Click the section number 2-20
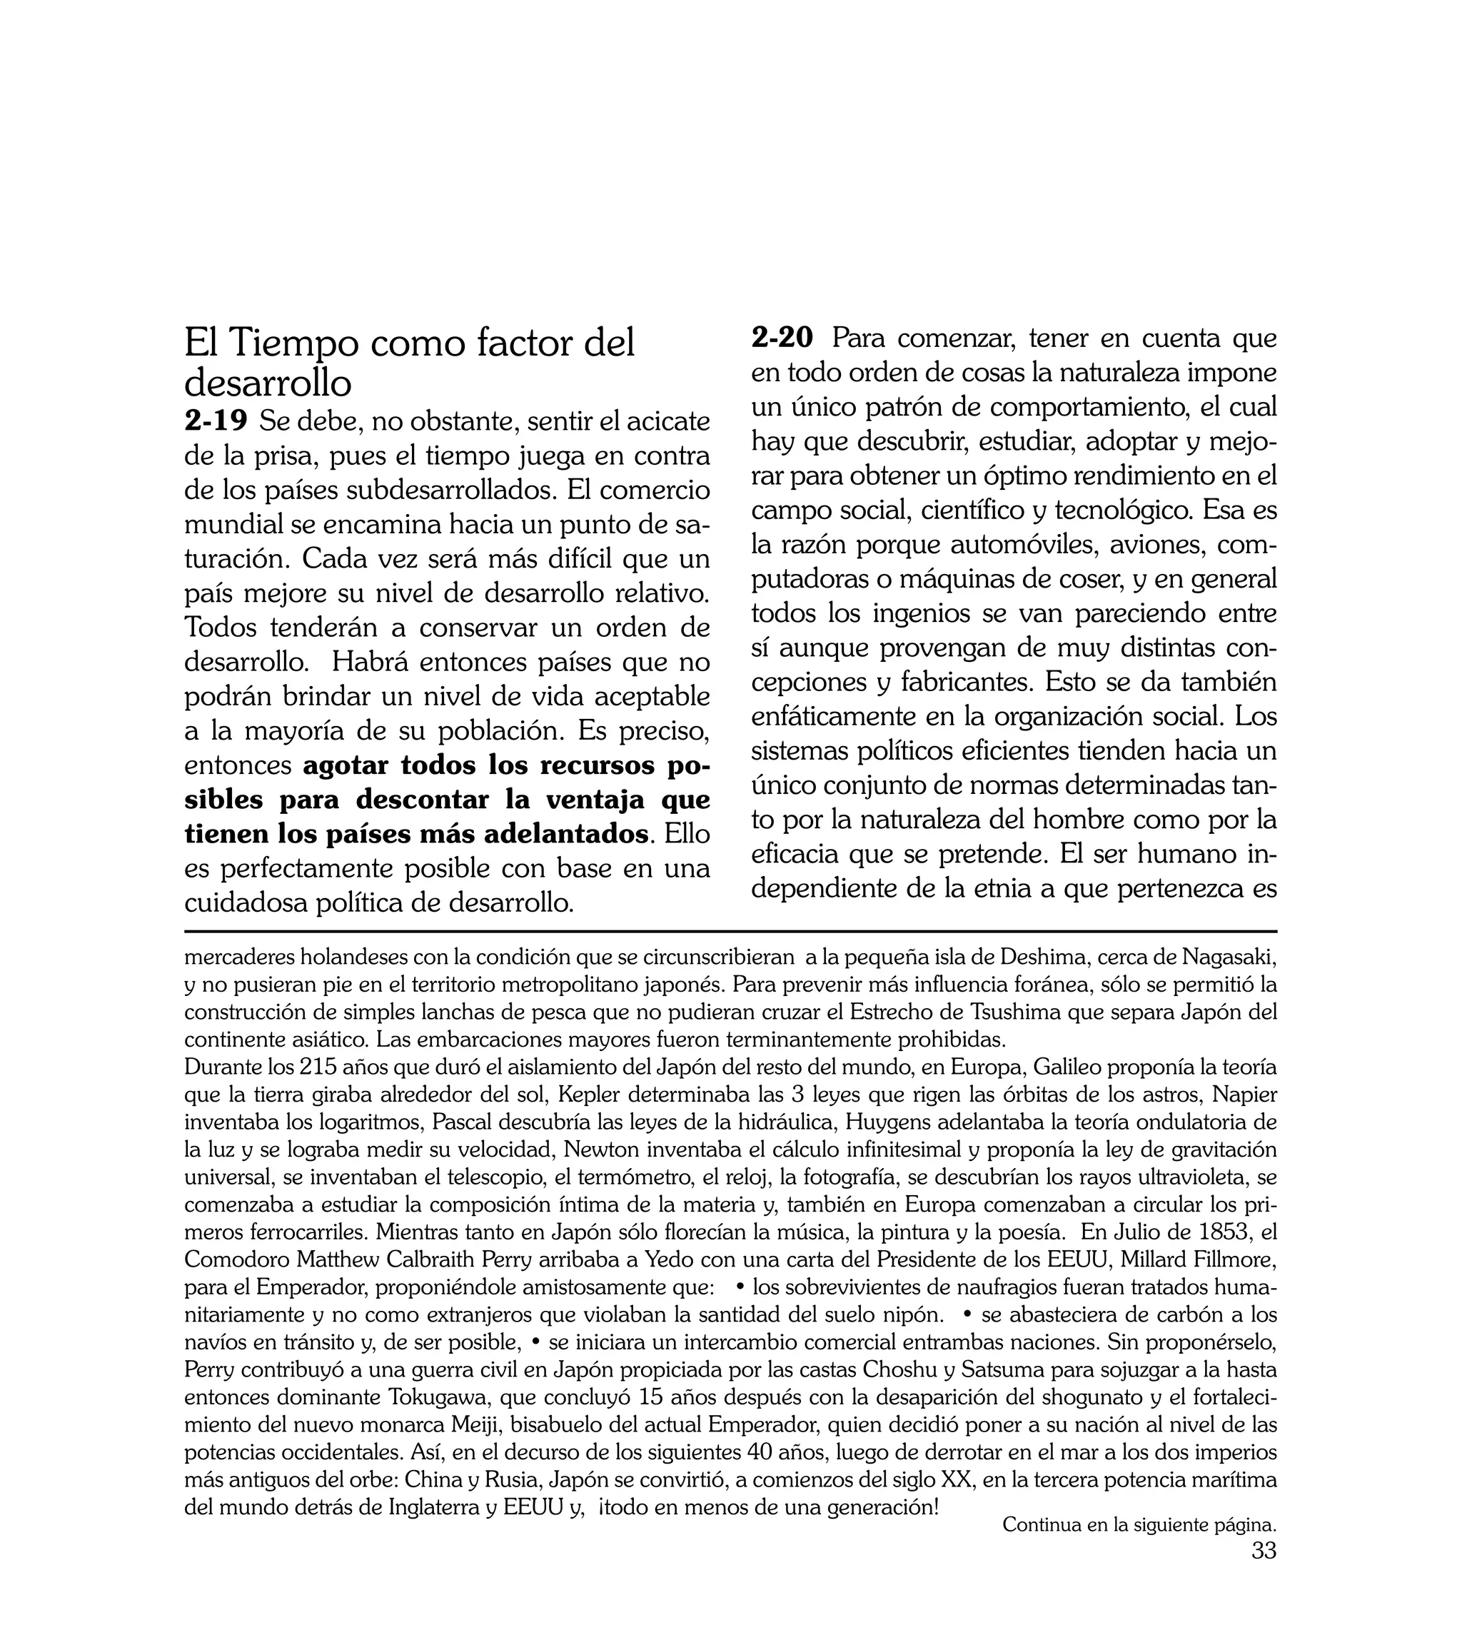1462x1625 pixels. pos(782,338)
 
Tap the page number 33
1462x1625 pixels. pos(1264,1573)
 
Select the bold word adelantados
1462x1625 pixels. pos(565,835)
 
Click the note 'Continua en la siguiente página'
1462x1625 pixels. pos(1139,1547)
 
